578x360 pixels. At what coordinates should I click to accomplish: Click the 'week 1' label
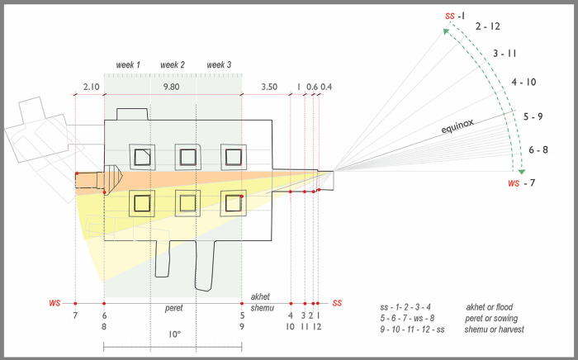(x=128, y=65)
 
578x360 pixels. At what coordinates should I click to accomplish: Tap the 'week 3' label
(x=219, y=65)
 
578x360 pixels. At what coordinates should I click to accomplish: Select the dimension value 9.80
(x=172, y=87)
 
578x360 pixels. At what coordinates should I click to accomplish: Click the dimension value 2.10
(x=91, y=87)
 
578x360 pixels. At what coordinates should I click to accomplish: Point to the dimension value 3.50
(x=269, y=87)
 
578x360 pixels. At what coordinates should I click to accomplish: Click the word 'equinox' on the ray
(x=457, y=126)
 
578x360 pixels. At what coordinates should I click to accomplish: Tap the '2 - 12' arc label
(x=488, y=26)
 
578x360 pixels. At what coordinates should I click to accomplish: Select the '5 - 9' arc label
(x=533, y=116)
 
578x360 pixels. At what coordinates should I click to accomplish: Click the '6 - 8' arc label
(x=538, y=150)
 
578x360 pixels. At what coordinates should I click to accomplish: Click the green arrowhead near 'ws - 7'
(x=522, y=172)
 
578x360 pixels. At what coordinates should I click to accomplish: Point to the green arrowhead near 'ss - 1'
(x=446, y=31)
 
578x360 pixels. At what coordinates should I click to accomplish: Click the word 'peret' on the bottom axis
(x=173, y=308)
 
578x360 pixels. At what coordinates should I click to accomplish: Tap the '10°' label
(x=175, y=334)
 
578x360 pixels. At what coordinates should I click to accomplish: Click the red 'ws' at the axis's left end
(x=54, y=303)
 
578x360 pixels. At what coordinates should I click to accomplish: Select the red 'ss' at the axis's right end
(x=337, y=303)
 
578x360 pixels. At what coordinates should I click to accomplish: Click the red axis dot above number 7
(x=75, y=304)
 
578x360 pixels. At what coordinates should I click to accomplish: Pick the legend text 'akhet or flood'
(x=489, y=307)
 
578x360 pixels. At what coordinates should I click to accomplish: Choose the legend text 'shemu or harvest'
(x=494, y=329)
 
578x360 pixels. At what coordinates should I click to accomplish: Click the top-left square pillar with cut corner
(x=142, y=157)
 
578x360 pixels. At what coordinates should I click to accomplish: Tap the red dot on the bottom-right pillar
(x=241, y=197)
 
